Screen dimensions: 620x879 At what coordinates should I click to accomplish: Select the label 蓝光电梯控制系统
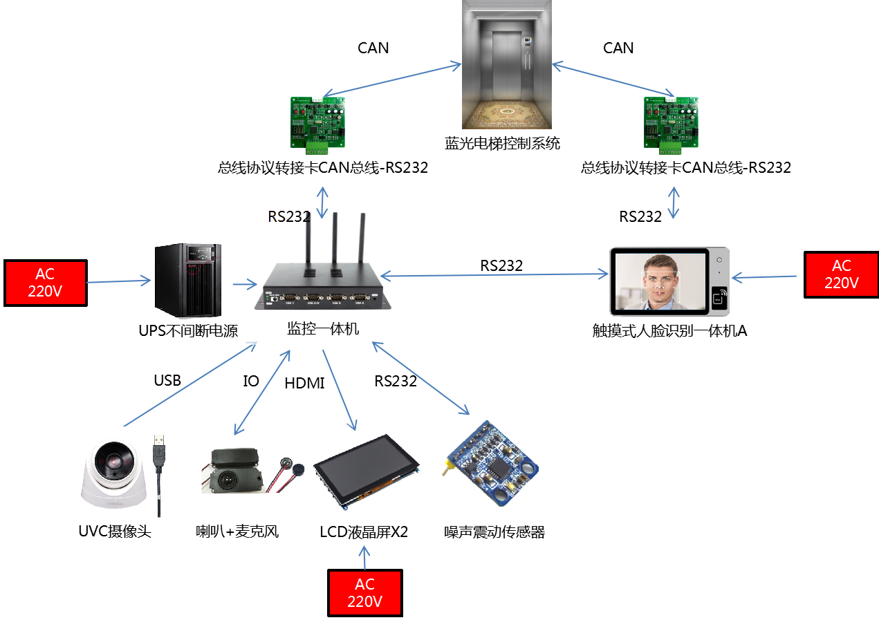click(502, 144)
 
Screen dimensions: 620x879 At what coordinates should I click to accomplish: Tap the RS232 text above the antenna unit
click(288, 216)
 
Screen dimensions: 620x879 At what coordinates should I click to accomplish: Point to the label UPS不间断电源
click(188, 331)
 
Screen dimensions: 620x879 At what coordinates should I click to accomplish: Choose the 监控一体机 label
click(323, 329)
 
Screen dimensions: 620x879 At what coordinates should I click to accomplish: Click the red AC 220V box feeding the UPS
click(46, 283)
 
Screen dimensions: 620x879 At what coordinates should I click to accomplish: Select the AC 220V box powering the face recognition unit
click(841, 274)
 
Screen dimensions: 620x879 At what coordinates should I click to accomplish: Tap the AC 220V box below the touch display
click(364, 592)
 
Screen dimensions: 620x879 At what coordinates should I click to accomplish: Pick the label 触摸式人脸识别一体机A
click(669, 332)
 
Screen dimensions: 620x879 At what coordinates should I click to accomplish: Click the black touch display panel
click(367, 470)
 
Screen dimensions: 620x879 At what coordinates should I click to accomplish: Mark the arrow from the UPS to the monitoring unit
click(243, 283)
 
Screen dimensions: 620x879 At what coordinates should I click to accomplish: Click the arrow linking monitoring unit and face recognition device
click(494, 276)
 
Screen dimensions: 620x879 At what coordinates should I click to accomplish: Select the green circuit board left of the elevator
click(317, 122)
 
